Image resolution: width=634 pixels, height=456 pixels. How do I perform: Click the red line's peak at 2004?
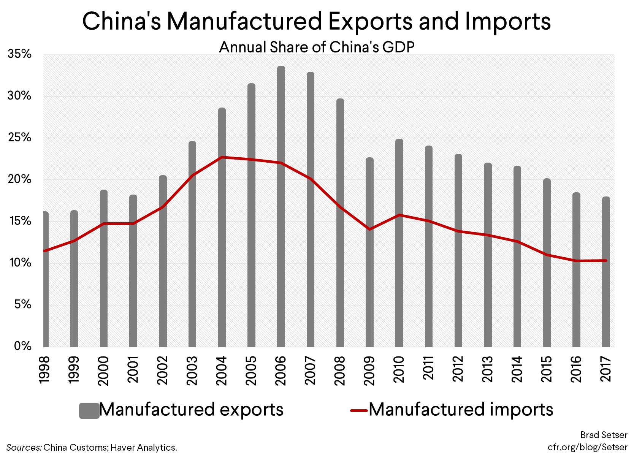click(x=222, y=157)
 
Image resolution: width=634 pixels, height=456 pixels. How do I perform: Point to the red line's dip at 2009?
click(x=369, y=229)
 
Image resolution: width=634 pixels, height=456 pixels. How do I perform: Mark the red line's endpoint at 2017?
click(x=606, y=260)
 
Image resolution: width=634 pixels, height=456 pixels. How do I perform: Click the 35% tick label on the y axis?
click(x=19, y=54)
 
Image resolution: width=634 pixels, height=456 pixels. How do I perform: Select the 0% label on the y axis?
click(x=22, y=346)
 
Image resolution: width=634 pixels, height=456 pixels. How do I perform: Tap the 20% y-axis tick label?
click(x=19, y=179)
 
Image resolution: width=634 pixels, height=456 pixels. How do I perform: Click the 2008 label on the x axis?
click(x=339, y=370)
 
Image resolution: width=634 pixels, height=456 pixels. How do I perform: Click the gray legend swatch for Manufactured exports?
click(x=89, y=411)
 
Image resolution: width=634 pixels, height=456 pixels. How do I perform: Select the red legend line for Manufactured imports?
click(x=359, y=410)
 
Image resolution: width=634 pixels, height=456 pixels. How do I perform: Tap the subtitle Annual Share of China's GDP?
click(x=317, y=47)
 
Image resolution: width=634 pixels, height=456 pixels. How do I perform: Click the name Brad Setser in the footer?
click(x=604, y=435)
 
